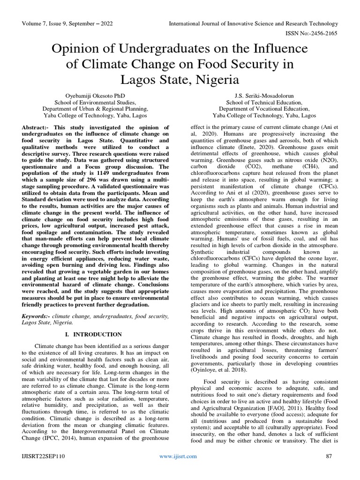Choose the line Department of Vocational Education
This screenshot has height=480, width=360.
point(264,108)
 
